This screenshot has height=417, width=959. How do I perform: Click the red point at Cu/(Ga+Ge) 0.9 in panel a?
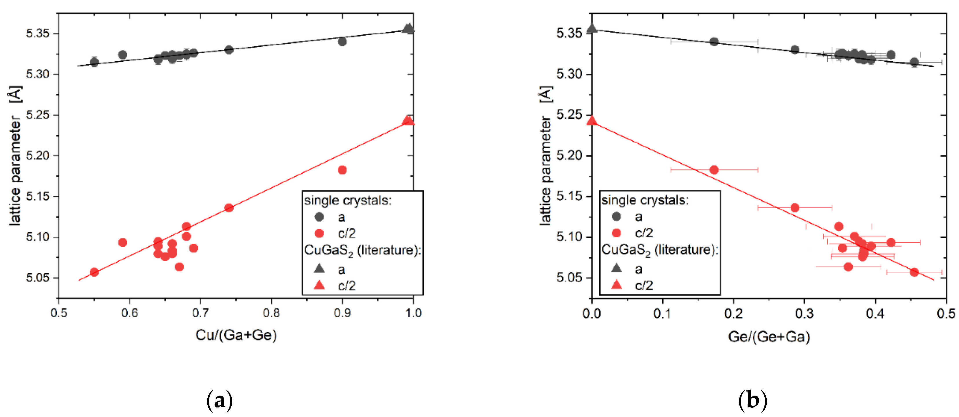tap(342, 170)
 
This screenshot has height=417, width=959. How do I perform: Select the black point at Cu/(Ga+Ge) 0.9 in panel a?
tap(342, 41)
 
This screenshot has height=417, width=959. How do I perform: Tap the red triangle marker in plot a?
tap(408, 121)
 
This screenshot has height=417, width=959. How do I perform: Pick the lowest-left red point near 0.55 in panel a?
tap(94, 272)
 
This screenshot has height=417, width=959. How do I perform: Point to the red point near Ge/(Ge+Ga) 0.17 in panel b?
tap(714, 170)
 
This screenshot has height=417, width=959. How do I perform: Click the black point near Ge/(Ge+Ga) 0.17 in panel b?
tap(714, 42)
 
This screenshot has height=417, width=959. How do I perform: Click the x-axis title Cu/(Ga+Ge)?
tap(236, 335)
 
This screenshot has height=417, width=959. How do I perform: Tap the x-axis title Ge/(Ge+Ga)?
tap(769, 337)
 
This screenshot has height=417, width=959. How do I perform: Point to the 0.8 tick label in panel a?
tap(271, 313)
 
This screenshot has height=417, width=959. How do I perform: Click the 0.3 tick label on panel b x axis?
tap(804, 314)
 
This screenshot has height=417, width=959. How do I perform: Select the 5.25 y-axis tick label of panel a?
tap(38, 115)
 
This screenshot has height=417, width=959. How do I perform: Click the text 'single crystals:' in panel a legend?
tap(347, 201)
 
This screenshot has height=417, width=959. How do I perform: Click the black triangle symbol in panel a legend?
tap(319, 268)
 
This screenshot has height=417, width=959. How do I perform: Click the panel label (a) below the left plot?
tap(219, 401)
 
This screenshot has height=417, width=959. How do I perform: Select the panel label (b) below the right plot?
tap(753, 401)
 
